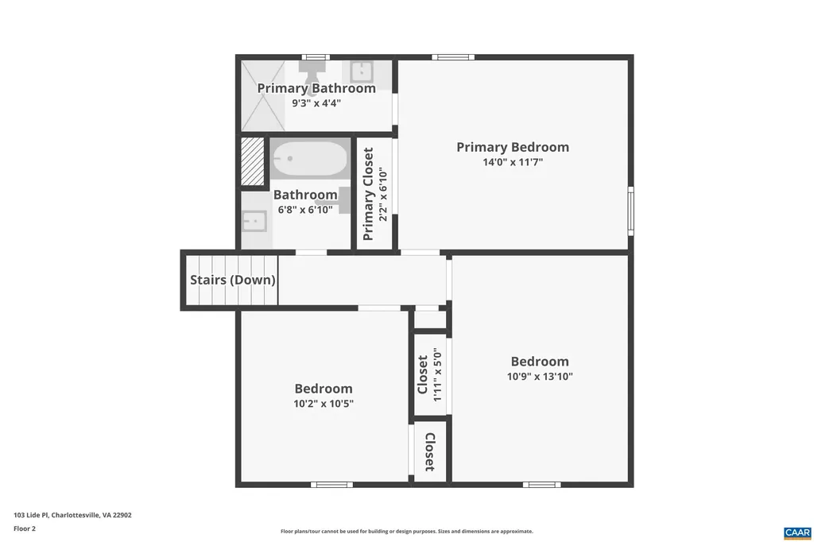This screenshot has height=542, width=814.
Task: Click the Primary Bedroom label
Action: point(512,147)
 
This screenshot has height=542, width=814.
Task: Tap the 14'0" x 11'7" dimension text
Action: point(512,162)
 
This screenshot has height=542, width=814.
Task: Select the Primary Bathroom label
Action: point(316,88)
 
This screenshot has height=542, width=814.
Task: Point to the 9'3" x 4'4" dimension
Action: point(316,103)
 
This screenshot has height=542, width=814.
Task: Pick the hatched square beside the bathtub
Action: point(252,161)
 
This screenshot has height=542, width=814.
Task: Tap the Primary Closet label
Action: point(368,194)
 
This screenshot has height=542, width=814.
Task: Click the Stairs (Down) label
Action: point(232,280)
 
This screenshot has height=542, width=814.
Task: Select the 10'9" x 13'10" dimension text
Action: point(540,377)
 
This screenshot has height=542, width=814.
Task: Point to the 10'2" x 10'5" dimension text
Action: point(323,404)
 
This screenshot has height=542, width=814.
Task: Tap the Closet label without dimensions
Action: point(429,451)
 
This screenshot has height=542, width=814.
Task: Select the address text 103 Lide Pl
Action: point(72,515)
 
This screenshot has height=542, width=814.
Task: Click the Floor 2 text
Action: point(24,528)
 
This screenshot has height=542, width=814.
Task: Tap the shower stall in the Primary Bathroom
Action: point(262,96)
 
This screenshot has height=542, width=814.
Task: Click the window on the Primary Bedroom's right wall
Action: point(630,210)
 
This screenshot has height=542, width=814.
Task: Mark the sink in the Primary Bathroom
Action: point(362,71)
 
